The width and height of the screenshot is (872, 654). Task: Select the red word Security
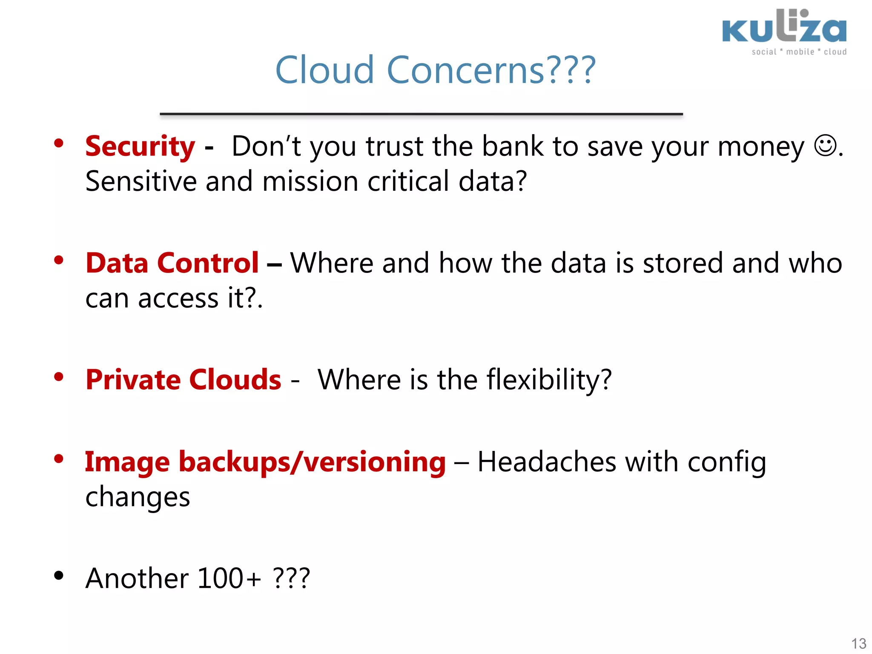pos(140,146)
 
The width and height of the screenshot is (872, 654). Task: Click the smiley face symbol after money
pos(825,146)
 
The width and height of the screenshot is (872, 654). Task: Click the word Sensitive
pos(141,181)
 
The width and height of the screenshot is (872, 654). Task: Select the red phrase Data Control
pos(172,263)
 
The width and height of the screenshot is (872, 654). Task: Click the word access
pos(178,298)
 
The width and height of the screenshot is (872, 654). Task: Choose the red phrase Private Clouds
pos(183,380)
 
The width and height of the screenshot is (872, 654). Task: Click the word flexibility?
pos(549,380)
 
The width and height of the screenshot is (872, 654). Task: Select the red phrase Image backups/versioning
pos(265,462)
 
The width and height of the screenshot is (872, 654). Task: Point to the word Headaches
pos(547,462)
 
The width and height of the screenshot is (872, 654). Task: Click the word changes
pos(138,497)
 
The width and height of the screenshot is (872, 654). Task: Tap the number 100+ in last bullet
pos(229,579)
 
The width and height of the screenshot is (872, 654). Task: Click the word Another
pos(137,579)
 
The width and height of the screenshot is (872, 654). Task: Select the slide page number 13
pos(858,643)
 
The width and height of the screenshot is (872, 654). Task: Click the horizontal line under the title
pos(421,114)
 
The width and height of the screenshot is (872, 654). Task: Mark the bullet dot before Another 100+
pos(59,576)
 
